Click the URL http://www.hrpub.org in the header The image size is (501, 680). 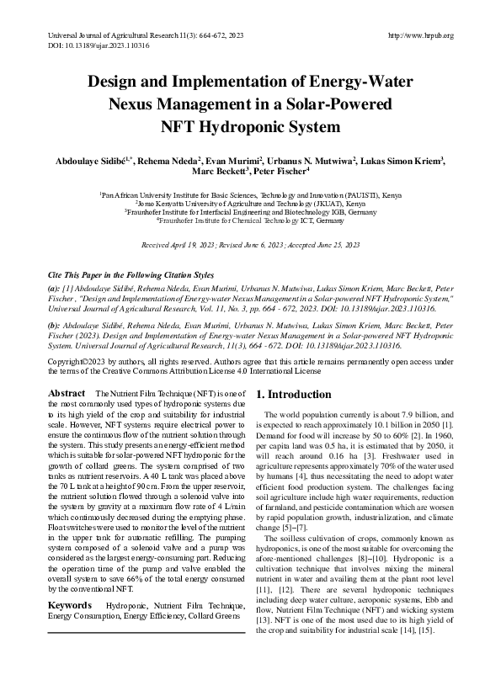pyautogui.click(x=421, y=35)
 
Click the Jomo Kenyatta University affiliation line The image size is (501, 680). pyautogui.click(x=250, y=204)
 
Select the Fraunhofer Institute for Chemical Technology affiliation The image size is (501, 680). pyautogui.click(x=250, y=222)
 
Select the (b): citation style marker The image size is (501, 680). pyautogui.click(x=54, y=325)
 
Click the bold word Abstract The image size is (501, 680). pyautogui.click(x=66, y=394)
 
